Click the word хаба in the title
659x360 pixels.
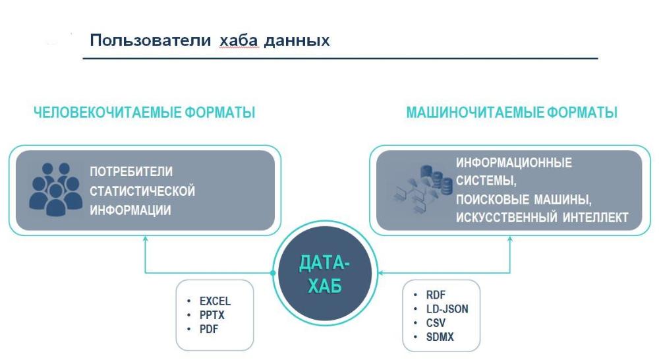coord(239,40)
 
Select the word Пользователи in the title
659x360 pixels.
coord(150,40)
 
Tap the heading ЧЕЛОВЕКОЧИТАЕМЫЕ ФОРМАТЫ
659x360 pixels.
coord(144,112)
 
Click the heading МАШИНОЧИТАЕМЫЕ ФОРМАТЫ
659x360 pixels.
coord(511,112)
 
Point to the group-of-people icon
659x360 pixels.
coord(55,189)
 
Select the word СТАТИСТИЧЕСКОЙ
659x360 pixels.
coord(142,191)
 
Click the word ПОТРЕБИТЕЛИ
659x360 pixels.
coord(131,171)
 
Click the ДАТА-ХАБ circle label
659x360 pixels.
coord(324,274)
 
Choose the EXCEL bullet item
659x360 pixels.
coord(215,301)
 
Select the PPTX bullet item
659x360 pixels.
coord(212,315)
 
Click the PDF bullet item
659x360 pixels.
coord(208,329)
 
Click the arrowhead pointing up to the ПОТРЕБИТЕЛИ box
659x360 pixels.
coord(146,239)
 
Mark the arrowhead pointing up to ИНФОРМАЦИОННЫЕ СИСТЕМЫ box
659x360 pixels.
coord(510,239)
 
